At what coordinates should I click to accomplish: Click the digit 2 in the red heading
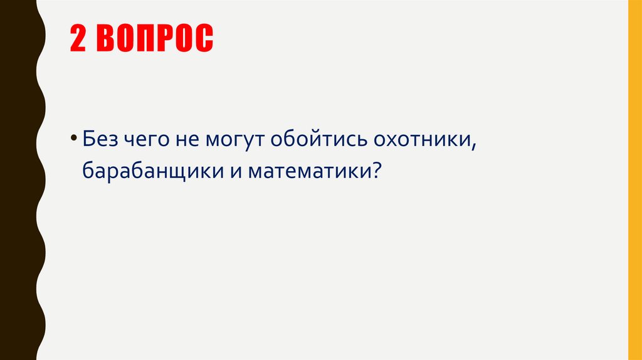point(77,39)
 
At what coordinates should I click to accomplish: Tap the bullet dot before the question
point(74,138)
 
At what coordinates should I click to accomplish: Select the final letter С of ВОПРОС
point(204,39)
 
